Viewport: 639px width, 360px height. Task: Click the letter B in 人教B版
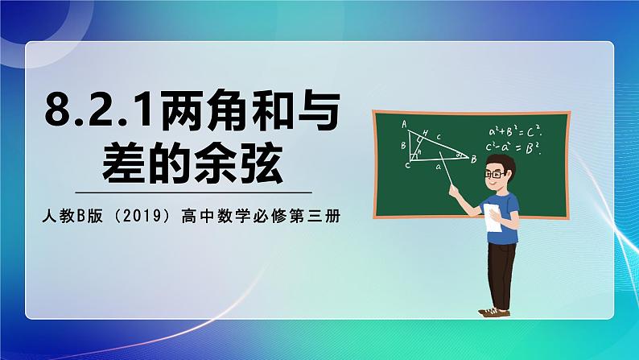pos(81,216)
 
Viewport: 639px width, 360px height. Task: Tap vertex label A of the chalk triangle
pos(403,123)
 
